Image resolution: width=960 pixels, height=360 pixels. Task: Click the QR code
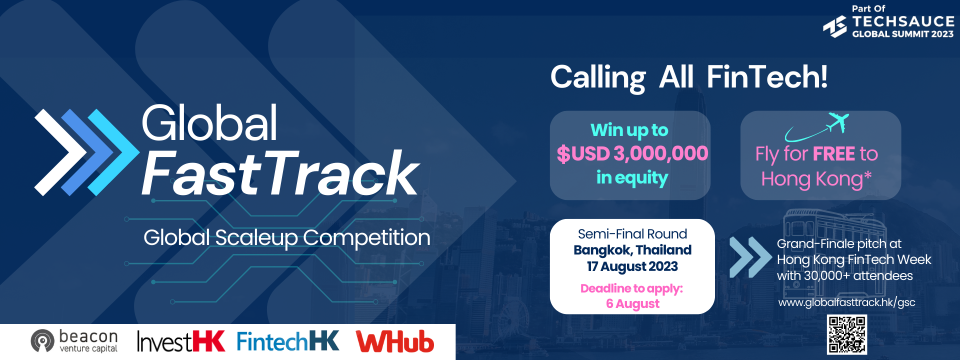(846, 334)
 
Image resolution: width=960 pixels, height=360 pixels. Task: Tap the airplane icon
(838, 122)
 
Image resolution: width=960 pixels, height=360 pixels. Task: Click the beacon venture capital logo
(74, 341)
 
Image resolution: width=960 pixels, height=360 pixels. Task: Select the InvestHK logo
(181, 341)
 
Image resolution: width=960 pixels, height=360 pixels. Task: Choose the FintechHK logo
(288, 341)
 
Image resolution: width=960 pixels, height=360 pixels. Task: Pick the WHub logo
(395, 341)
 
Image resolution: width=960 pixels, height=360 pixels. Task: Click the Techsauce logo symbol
(835, 26)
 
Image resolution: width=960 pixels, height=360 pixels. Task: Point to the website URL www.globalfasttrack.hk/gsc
(846, 302)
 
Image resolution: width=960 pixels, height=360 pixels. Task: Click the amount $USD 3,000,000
(632, 153)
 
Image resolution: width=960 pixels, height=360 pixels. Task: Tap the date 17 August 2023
(632, 266)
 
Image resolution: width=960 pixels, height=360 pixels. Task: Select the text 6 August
(632, 304)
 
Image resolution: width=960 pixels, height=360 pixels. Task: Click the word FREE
(834, 153)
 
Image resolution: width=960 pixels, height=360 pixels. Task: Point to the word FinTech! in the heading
(767, 77)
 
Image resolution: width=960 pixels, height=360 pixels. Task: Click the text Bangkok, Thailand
(632, 250)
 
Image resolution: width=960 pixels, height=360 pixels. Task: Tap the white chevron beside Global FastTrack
(60, 152)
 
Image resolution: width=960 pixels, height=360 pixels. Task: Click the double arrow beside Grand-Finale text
(750, 257)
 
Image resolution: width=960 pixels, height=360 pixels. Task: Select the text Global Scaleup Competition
(287, 238)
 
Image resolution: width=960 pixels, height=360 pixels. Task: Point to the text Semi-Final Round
(632, 234)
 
